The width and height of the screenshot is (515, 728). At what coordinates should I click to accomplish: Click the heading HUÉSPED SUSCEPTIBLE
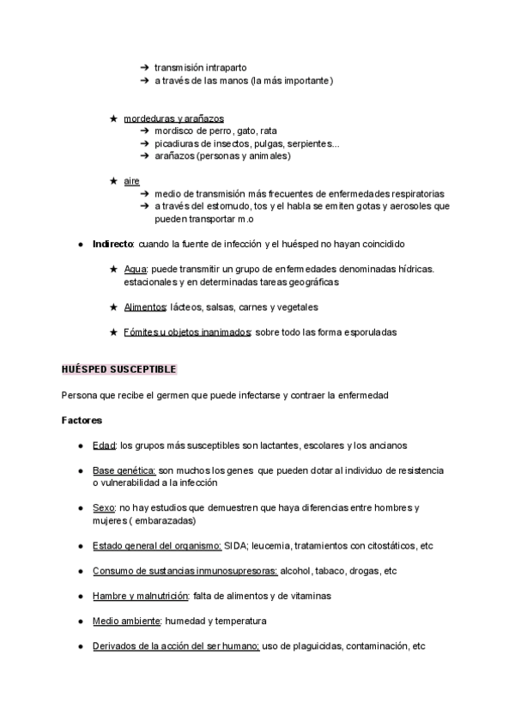click(118, 369)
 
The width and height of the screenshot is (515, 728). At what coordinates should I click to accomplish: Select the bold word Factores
click(82, 421)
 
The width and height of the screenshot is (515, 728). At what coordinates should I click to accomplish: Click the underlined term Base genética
click(124, 470)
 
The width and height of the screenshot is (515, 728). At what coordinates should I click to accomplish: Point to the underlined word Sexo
click(103, 507)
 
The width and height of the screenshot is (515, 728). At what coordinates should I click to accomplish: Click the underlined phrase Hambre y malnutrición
click(140, 596)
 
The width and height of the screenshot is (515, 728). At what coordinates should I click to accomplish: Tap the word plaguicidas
click(312, 646)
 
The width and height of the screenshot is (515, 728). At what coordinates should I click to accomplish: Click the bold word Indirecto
click(112, 244)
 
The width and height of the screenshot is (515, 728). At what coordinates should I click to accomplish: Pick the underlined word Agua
click(136, 269)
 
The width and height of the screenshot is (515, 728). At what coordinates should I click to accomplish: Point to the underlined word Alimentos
click(144, 306)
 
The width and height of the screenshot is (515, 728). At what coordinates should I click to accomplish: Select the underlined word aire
click(131, 181)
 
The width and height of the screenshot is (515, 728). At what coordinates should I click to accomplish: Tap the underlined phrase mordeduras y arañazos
click(173, 118)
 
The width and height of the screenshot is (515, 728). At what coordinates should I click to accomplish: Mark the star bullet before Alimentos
click(113, 306)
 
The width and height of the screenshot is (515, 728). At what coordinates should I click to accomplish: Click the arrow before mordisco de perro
click(144, 130)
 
